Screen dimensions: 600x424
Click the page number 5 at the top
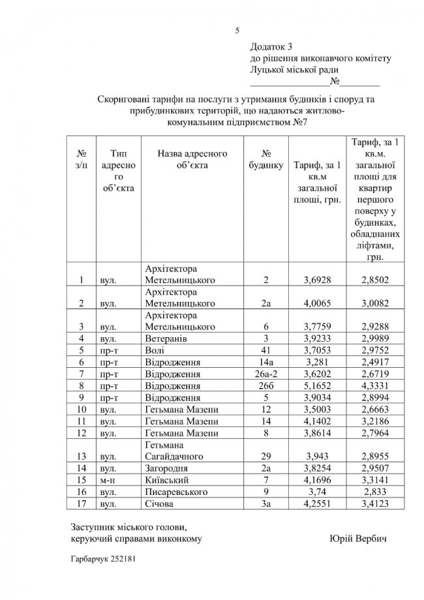(x=237, y=30)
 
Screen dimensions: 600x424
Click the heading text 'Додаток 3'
(x=272, y=47)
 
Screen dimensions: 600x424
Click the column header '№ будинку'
(x=266, y=160)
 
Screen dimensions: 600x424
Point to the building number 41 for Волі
(x=266, y=350)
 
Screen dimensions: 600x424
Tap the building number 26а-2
(x=266, y=374)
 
